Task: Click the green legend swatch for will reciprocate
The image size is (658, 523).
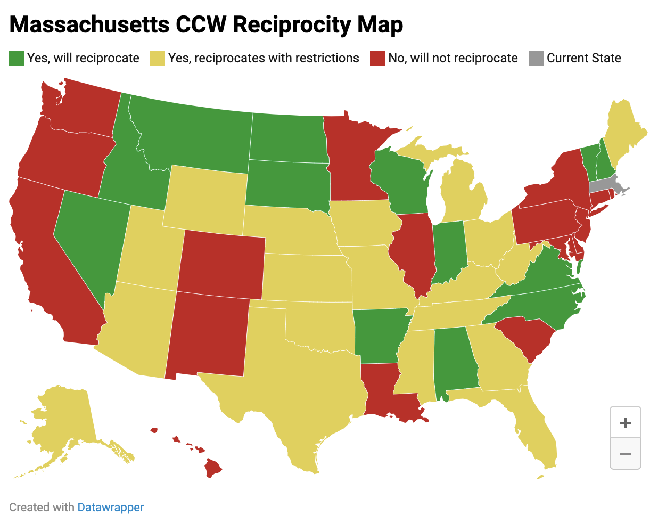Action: [x=17, y=59]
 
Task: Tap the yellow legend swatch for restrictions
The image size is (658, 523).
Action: [x=158, y=59]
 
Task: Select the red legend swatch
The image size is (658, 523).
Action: [x=377, y=59]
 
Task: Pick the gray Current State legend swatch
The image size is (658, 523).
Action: [x=536, y=59]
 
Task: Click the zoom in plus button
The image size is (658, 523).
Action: [x=625, y=423]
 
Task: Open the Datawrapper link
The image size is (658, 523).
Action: [x=110, y=507]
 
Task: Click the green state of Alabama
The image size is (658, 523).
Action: [x=454, y=362]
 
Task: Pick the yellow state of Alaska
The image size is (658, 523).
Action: [x=64, y=421]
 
